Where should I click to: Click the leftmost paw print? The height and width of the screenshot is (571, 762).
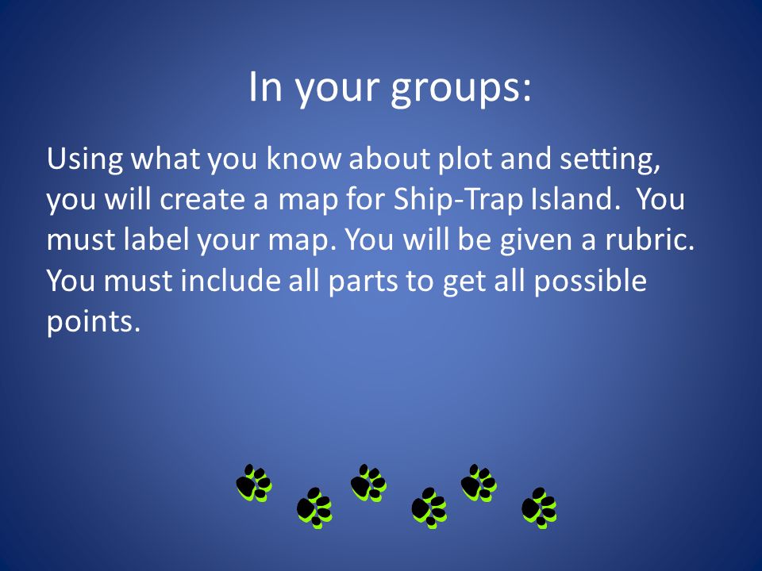pos(254,483)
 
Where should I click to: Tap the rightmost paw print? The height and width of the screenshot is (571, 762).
pos(539,508)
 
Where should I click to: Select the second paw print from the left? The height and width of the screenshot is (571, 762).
pos(314,508)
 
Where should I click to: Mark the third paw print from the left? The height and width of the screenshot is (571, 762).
pos(368,483)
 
